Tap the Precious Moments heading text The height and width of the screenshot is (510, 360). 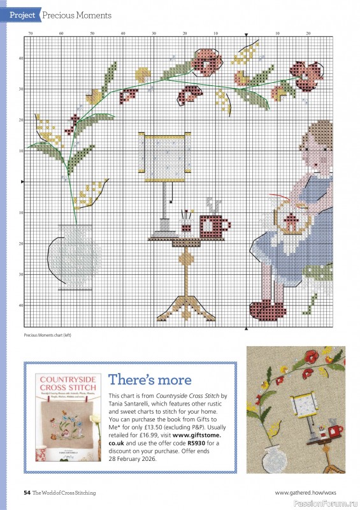pyautogui.click(x=77, y=15)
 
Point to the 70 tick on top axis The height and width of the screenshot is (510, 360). pyautogui.click(x=30, y=33)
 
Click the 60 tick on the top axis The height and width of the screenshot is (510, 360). pyautogui.click(x=61, y=33)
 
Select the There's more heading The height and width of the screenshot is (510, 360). pyautogui.click(x=150, y=380)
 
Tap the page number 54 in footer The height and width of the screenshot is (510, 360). pyautogui.click(x=27, y=492)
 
